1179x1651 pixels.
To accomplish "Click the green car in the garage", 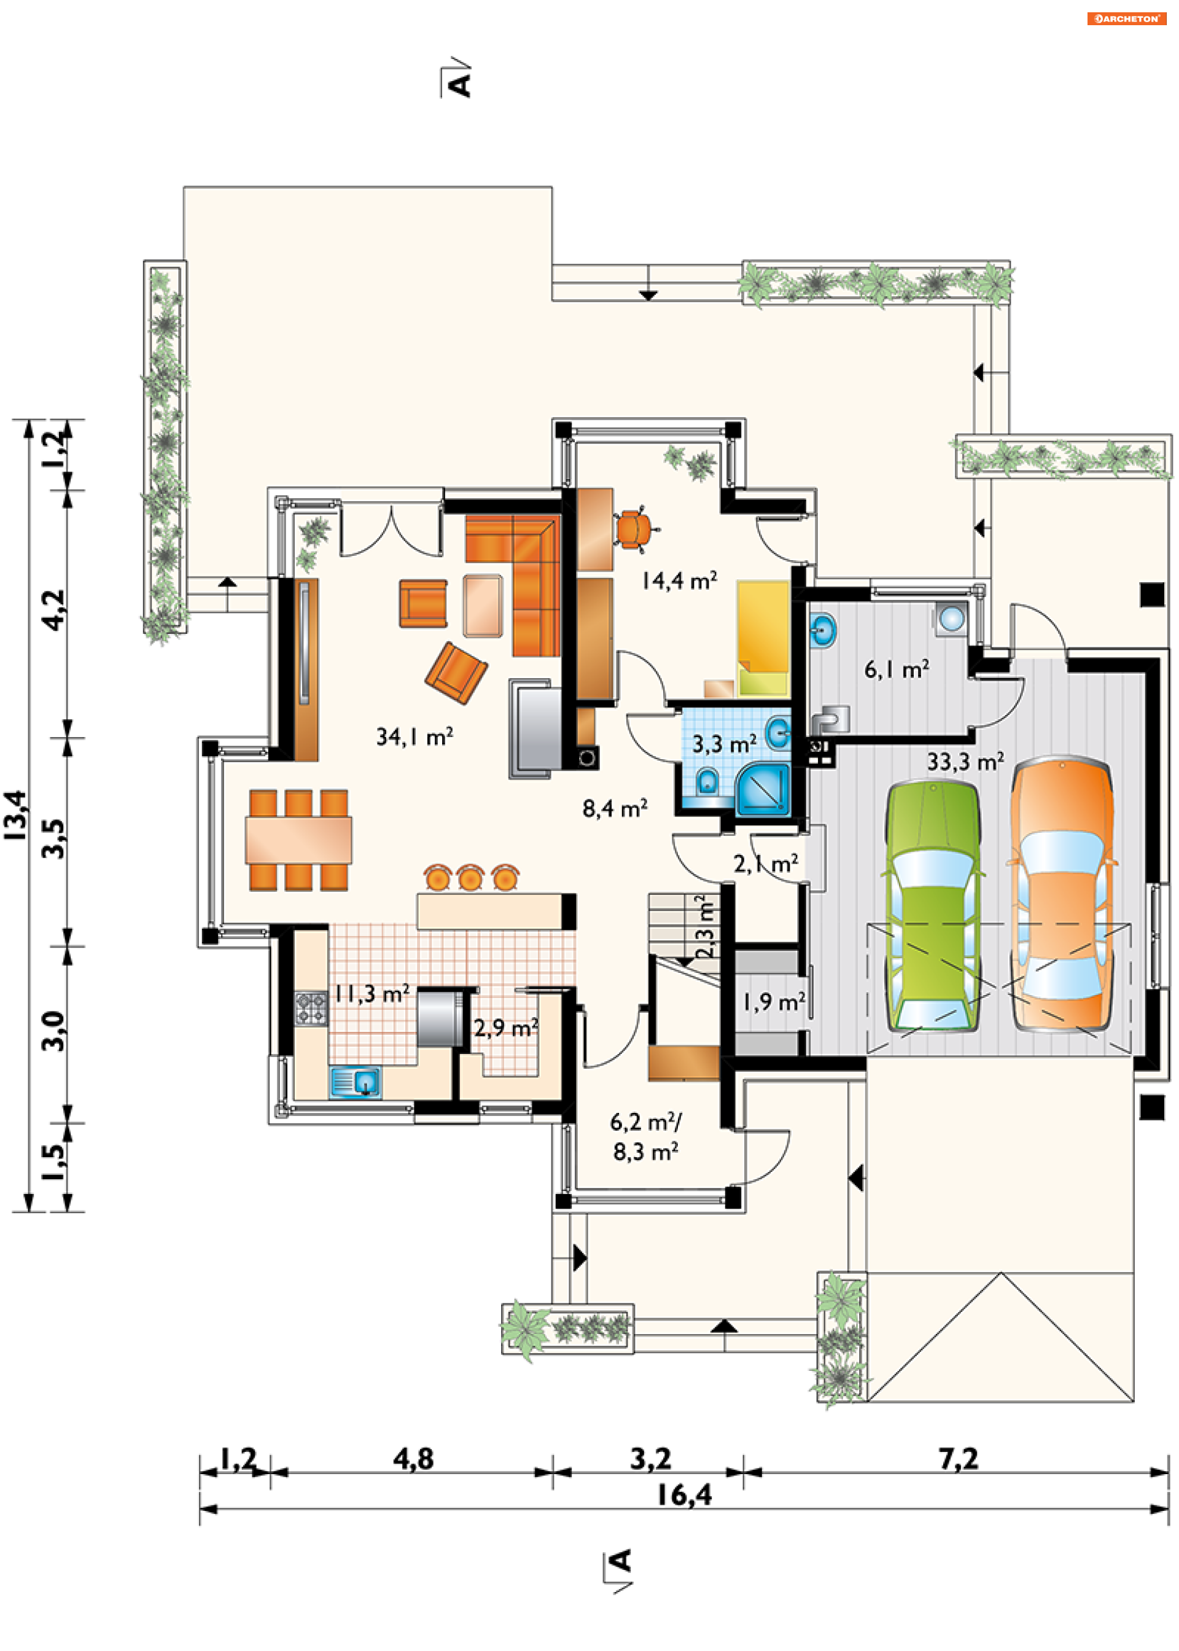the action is pyautogui.click(x=932, y=905).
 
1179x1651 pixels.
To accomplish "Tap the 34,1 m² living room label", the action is pyautogui.click(x=414, y=737).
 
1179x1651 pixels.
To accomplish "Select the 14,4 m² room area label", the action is pyautogui.click(x=680, y=581).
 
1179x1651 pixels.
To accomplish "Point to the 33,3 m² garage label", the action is pyautogui.click(x=965, y=762).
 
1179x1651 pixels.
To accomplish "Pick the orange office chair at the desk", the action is pyautogui.click(x=634, y=530).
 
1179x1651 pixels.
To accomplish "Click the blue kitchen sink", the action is pyautogui.click(x=356, y=1082).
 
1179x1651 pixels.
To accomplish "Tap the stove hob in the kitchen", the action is pyautogui.click(x=311, y=1009).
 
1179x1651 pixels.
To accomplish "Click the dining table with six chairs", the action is pyautogui.click(x=298, y=840).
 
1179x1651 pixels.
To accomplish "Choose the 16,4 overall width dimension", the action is pyautogui.click(x=684, y=1495).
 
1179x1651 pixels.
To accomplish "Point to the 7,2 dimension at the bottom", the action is pyautogui.click(x=959, y=1458).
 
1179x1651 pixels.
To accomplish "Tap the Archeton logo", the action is pyautogui.click(x=1126, y=19).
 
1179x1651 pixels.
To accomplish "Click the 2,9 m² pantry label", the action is pyautogui.click(x=506, y=1028).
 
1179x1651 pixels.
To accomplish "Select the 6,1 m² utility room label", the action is pyautogui.click(x=897, y=669).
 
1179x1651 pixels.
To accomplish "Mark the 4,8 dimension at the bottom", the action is pyautogui.click(x=414, y=1458).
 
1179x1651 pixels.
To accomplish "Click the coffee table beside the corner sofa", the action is pyautogui.click(x=483, y=606).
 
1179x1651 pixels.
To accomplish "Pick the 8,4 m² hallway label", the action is pyautogui.click(x=615, y=808).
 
